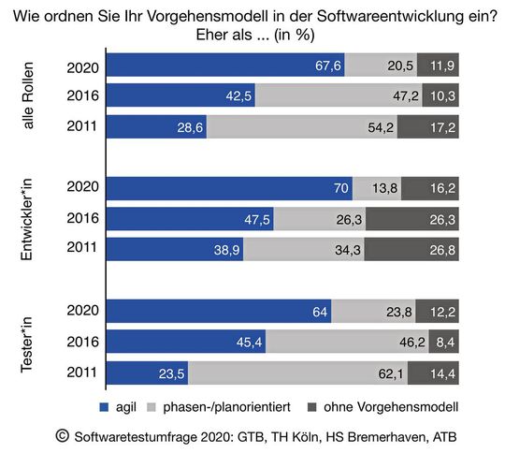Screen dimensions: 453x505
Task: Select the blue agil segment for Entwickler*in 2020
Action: [230, 187]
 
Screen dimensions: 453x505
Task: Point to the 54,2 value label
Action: [379, 127]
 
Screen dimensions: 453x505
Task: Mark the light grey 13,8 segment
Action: [376, 187]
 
